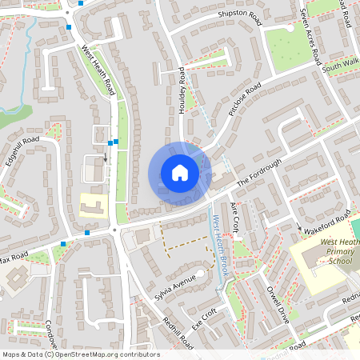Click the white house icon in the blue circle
(180, 172)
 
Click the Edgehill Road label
(22, 150)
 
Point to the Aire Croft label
(235, 218)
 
